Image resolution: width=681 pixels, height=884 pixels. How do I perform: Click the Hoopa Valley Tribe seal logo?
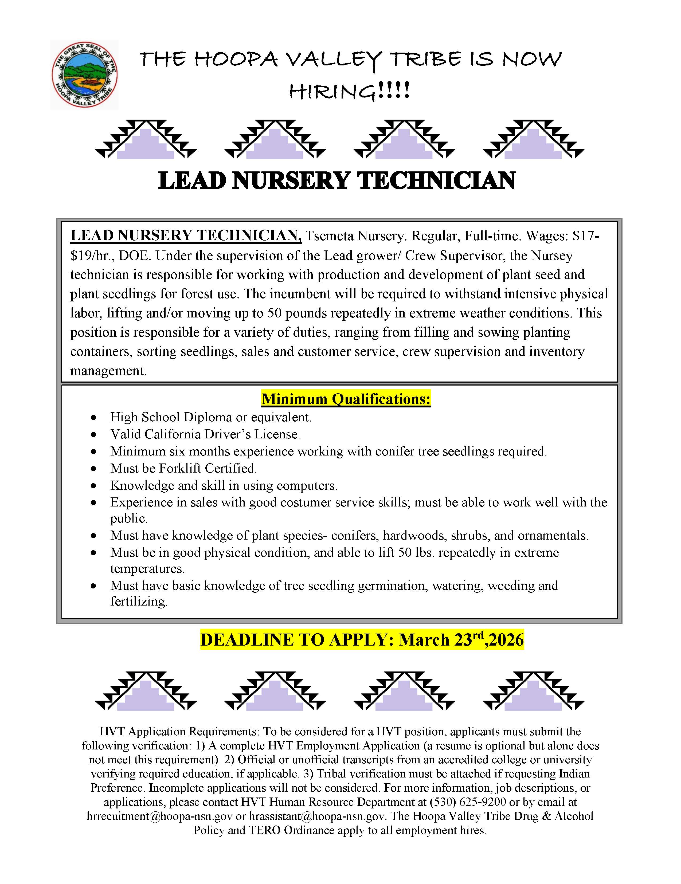pyautogui.click(x=84, y=74)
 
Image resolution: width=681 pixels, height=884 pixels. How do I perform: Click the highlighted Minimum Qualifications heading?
pyautogui.click(x=346, y=399)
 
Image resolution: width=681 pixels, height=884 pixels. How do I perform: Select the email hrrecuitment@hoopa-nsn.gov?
pyautogui.click(x=159, y=816)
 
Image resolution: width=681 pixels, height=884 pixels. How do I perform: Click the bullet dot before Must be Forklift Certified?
pyautogui.click(x=93, y=469)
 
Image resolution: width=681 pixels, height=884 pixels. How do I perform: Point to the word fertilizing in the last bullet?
pyautogui.click(x=138, y=602)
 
